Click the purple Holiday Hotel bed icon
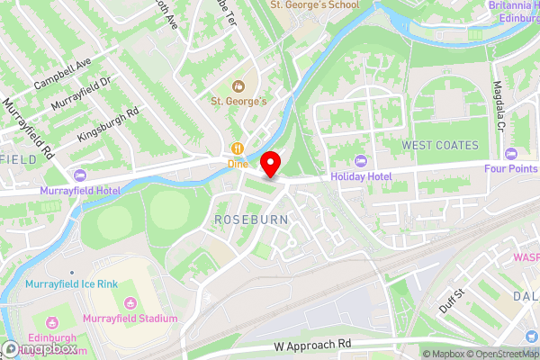[361, 160]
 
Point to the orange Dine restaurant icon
[237, 149]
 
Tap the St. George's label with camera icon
[239, 101]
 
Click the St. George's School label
[314, 5]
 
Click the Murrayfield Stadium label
[130, 319]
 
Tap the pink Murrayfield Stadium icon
[130, 303]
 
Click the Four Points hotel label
[510, 166]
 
